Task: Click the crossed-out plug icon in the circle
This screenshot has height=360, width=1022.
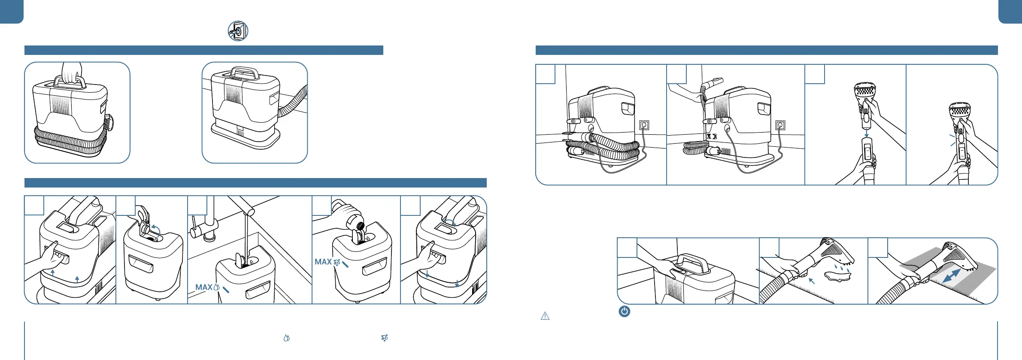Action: pos(238,31)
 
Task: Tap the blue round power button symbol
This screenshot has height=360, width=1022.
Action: pos(624,312)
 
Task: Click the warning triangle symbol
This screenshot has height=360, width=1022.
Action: pos(545,316)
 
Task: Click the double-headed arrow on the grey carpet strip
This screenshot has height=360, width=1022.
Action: pos(951,276)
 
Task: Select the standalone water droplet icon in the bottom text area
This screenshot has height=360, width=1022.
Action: pos(287,338)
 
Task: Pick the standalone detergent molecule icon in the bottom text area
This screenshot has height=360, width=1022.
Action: pos(385,338)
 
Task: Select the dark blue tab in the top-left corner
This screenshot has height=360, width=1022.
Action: pos(11,11)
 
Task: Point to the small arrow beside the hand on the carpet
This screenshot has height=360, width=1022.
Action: pos(811,281)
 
